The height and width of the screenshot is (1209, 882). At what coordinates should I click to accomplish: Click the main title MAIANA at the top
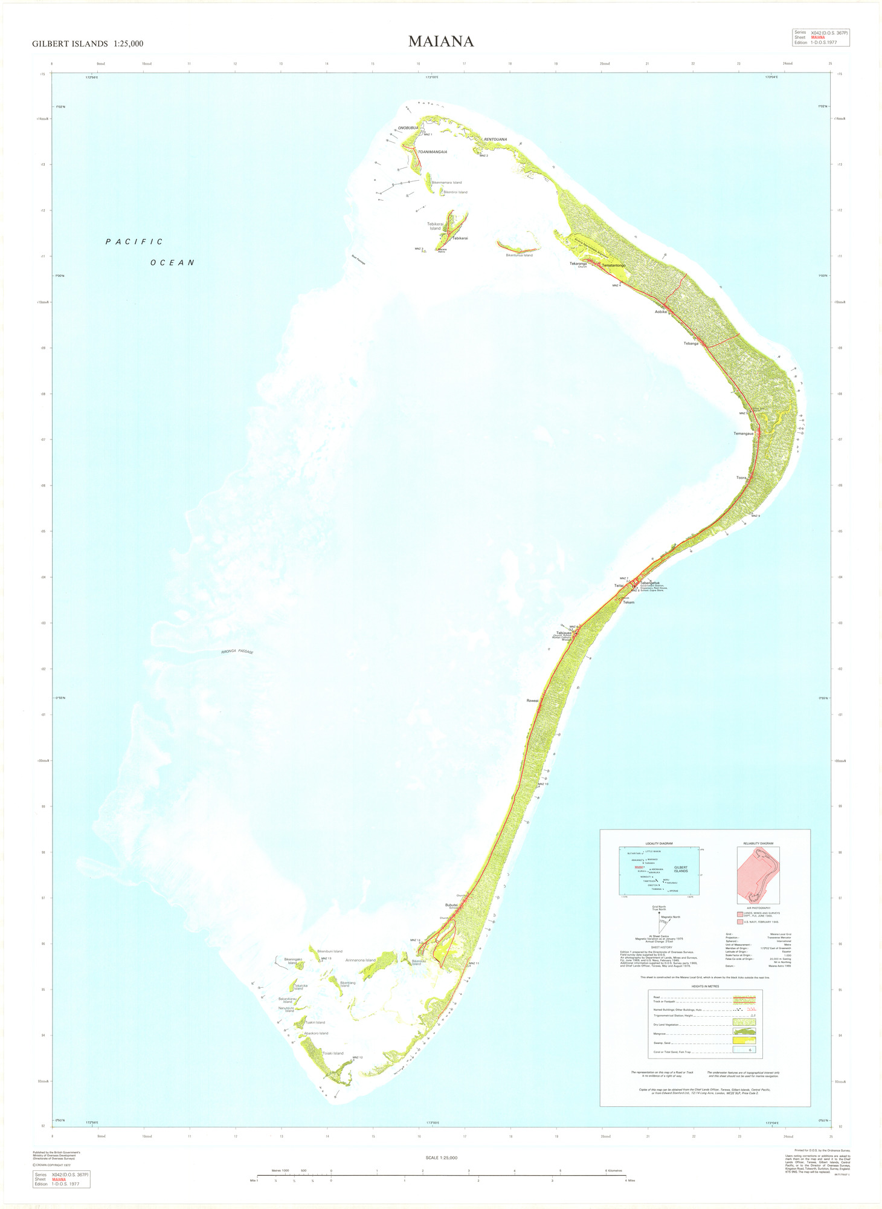440,42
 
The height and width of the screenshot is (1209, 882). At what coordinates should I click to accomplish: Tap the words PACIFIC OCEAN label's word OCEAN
173,263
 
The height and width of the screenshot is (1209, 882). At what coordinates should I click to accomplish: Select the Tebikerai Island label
435,226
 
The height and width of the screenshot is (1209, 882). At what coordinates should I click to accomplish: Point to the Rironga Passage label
237,652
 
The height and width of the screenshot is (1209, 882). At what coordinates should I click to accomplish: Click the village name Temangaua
743,433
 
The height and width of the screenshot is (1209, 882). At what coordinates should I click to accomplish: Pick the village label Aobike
660,312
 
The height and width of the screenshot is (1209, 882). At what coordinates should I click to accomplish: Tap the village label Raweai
532,701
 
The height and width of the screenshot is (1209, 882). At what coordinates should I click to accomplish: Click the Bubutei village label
451,905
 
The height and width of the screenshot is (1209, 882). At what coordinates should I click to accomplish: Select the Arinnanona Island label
360,960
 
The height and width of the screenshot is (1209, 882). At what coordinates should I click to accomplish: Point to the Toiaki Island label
333,1053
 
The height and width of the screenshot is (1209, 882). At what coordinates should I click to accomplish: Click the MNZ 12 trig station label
357,1057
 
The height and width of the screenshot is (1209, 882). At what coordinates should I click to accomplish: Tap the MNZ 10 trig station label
542,784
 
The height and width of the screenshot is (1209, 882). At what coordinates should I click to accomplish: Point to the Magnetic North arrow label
671,917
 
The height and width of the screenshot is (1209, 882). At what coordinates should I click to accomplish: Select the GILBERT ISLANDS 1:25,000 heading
88,44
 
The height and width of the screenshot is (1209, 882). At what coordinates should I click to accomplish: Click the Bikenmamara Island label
446,183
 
